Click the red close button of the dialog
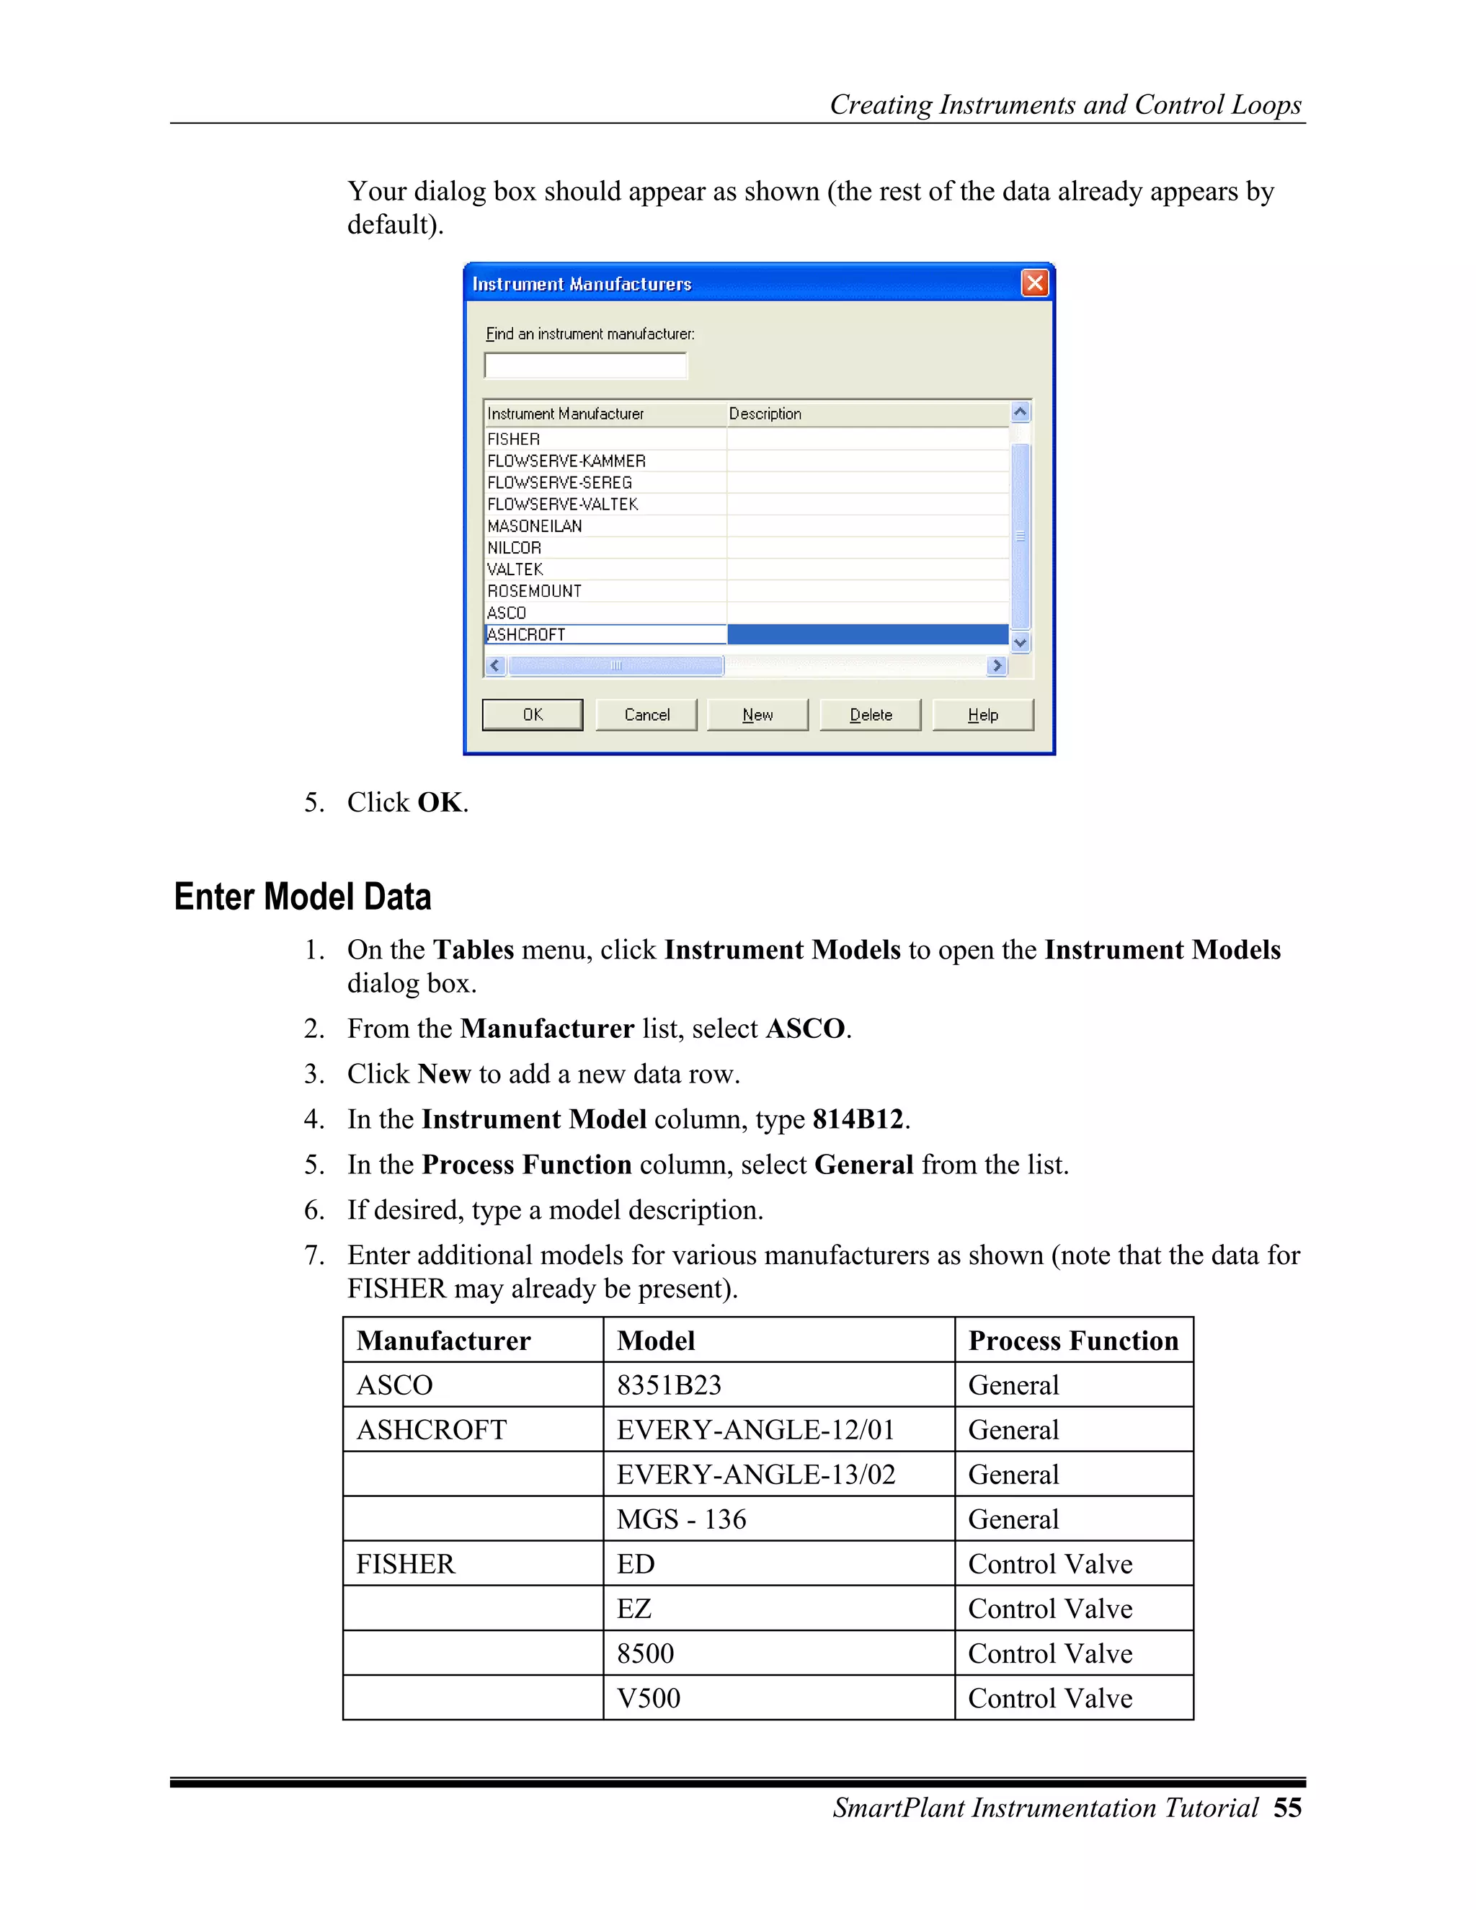tap(1034, 283)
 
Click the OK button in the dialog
tap(533, 714)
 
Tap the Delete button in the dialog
tap(870, 714)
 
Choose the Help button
tap(983, 714)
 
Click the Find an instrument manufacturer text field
tap(586, 365)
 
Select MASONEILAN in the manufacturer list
tap(534, 525)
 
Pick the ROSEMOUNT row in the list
tap(534, 591)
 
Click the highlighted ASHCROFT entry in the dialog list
tap(526, 635)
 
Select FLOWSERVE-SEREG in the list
tap(559, 483)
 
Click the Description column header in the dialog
tap(765, 414)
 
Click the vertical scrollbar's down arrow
tap(1021, 643)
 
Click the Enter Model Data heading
tap(303, 897)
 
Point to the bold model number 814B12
tap(858, 1119)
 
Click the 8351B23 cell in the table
tap(669, 1385)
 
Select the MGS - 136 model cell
tap(681, 1519)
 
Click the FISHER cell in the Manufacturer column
tap(406, 1564)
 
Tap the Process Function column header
tap(1073, 1341)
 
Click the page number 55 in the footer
tap(1287, 1808)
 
